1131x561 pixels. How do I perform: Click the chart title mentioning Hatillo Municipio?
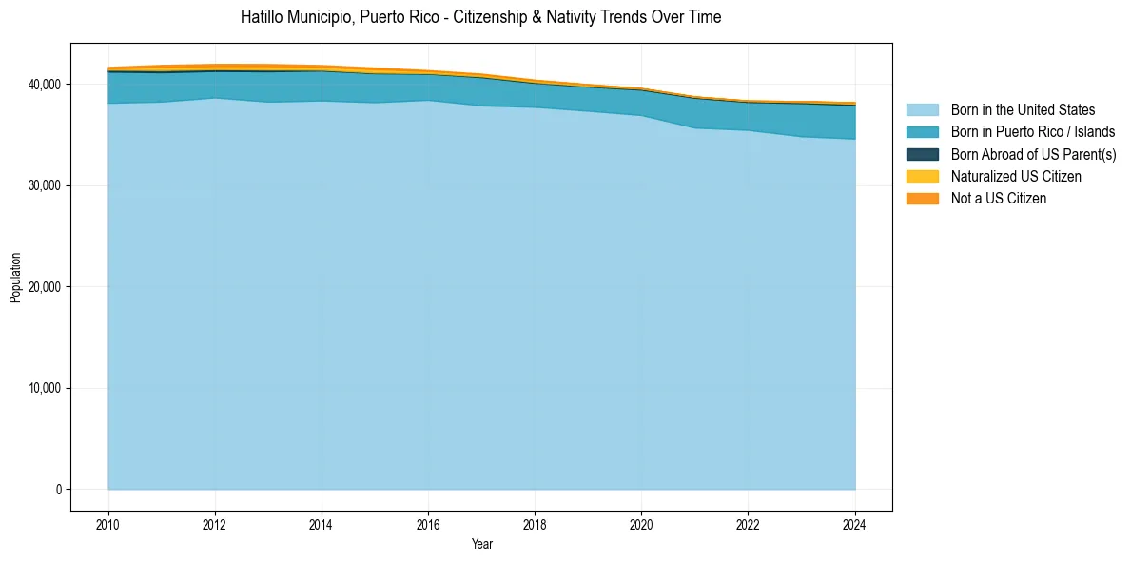[480, 17]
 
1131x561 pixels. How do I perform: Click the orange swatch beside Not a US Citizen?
[922, 199]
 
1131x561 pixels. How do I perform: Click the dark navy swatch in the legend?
[922, 154]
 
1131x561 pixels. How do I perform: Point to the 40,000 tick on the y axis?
[44, 85]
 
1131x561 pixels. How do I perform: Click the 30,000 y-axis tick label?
[44, 185]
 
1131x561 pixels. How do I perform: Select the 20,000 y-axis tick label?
[44, 287]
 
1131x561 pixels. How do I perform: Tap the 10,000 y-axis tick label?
[44, 388]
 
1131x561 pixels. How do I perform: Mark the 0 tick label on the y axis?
[57, 490]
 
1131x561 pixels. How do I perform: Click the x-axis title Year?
[481, 544]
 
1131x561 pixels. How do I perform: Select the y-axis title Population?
[15, 278]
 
